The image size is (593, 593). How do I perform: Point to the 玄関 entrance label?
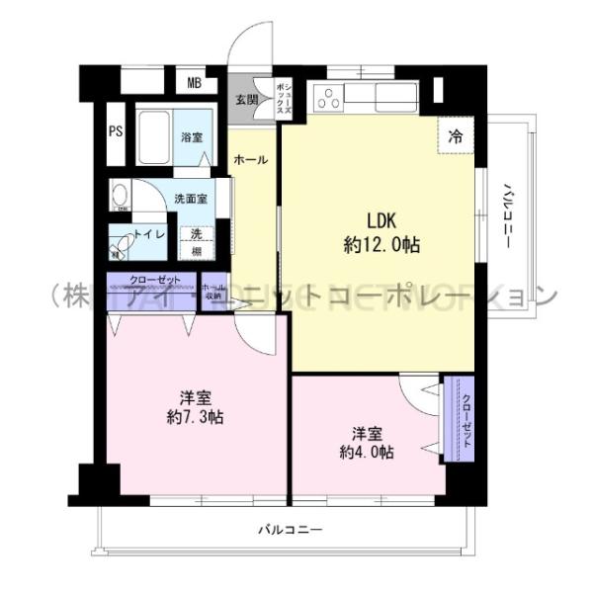(246, 99)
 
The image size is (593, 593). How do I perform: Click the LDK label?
(381, 220)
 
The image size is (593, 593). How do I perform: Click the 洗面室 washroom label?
(190, 198)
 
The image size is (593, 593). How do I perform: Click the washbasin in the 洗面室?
(122, 194)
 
